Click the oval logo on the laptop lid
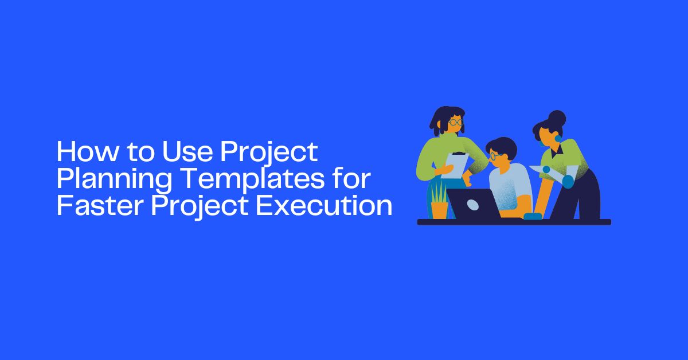pos(474,205)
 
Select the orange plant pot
pos(439,209)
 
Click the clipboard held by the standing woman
pos(456,165)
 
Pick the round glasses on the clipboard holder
pos(455,122)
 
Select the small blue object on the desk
pos(533,216)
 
